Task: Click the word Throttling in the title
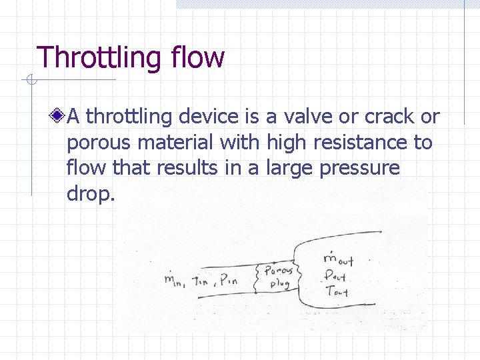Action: [99, 58]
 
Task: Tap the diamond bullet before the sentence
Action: [59, 117]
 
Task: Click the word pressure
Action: [359, 169]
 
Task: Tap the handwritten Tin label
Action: [201, 280]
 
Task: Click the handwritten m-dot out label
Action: [337, 259]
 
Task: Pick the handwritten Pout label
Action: [336, 275]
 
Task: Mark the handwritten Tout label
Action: [335, 292]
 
